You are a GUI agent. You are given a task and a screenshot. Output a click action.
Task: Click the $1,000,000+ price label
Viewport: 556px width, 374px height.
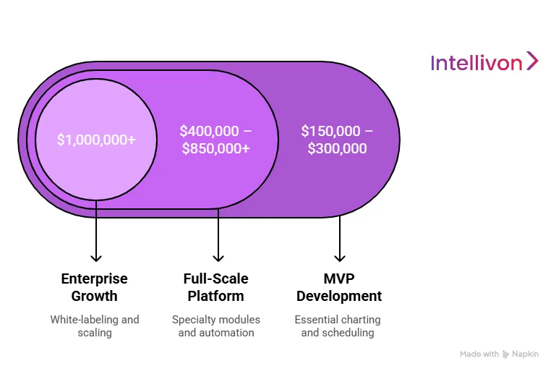pyautogui.click(x=96, y=140)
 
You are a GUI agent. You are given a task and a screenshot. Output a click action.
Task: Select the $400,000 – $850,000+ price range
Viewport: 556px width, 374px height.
pyautogui.click(x=215, y=140)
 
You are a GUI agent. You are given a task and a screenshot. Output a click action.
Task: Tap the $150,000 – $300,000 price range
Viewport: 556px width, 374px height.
pyautogui.click(x=337, y=140)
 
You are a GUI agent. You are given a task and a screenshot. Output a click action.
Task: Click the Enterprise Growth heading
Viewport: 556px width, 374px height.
pyautogui.click(x=94, y=287)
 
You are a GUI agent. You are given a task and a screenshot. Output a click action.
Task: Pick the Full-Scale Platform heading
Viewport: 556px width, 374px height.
pyautogui.click(x=215, y=287)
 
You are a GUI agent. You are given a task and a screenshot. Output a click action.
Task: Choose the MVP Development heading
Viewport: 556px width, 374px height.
pyautogui.click(x=338, y=287)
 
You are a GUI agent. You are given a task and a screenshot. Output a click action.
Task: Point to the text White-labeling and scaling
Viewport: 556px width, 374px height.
pyautogui.click(x=94, y=326)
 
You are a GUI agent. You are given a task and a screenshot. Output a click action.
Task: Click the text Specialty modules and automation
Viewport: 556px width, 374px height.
pyautogui.click(x=215, y=326)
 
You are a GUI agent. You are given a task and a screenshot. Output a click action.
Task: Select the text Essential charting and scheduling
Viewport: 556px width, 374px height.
pyautogui.click(x=338, y=326)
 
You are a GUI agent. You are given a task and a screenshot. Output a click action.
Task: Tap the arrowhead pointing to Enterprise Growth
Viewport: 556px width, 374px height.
pyautogui.click(x=95, y=257)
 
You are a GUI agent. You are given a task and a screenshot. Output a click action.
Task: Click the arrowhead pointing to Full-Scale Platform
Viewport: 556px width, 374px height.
pyautogui.click(x=218, y=257)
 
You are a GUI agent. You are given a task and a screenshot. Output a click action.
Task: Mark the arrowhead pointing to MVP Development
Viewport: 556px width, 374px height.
pyautogui.click(x=340, y=257)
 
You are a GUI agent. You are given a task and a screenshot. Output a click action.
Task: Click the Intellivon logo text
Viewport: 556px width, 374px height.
pyautogui.click(x=476, y=64)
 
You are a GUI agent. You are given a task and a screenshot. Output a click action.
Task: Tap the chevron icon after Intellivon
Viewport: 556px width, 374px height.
pyautogui.click(x=532, y=61)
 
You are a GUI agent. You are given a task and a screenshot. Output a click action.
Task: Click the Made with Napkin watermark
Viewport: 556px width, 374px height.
pyautogui.click(x=499, y=354)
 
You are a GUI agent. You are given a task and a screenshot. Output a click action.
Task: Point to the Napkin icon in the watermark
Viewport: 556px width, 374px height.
pyautogui.click(x=507, y=354)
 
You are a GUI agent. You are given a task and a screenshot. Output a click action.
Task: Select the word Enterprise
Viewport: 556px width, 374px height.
pyautogui.click(x=94, y=279)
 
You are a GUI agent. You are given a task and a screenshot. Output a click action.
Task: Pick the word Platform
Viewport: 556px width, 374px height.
pyautogui.click(x=215, y=296)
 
